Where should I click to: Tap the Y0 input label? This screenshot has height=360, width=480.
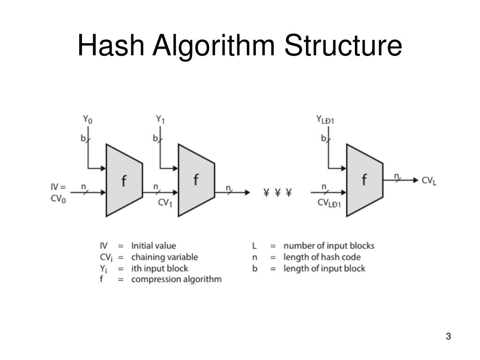(88, 120)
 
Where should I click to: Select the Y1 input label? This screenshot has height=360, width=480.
(160, 120)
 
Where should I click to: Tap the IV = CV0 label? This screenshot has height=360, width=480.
(59, 192)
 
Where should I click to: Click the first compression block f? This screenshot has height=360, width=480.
(124, 180)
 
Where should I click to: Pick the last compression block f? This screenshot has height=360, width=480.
(364, 180)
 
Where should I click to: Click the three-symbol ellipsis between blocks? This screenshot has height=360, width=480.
(277, 192)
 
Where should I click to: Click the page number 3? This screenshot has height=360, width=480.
(448, 337)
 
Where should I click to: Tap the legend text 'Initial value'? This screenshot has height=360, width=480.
(154, 246)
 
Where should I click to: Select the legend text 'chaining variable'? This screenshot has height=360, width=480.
(165, 257)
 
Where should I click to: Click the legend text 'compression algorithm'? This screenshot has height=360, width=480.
(176, 279)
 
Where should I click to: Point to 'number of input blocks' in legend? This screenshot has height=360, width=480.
(329, 246)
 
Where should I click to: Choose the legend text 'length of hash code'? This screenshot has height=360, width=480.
(322, 257)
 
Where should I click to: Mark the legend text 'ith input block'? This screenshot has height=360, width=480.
(159, 268)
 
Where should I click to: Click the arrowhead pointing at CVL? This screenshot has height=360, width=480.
(416, 180)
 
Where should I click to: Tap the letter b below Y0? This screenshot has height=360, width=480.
(83, 138)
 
